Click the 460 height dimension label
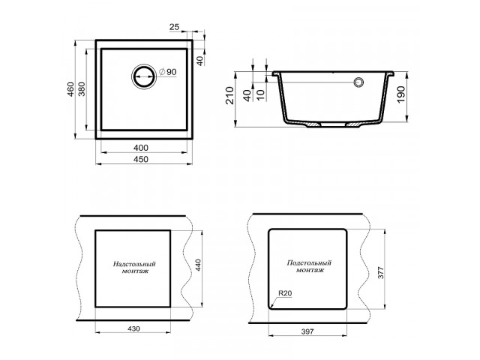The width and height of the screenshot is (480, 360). click(x=70, y=89)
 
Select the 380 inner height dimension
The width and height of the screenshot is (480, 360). click(x=82, y=89)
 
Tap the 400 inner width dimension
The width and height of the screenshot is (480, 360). click(x=141, y=148)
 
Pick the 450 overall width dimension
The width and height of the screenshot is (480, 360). click(x=141, y=159)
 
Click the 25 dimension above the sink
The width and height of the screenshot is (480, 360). click(x=174, y=27)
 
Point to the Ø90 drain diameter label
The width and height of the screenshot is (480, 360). click(x=168, y=72)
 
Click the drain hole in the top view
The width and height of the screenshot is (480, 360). click(x=144, y=76)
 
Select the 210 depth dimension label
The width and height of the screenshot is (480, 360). click(x=229, y=95)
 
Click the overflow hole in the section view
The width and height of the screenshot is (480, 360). click(x=358, y=82)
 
